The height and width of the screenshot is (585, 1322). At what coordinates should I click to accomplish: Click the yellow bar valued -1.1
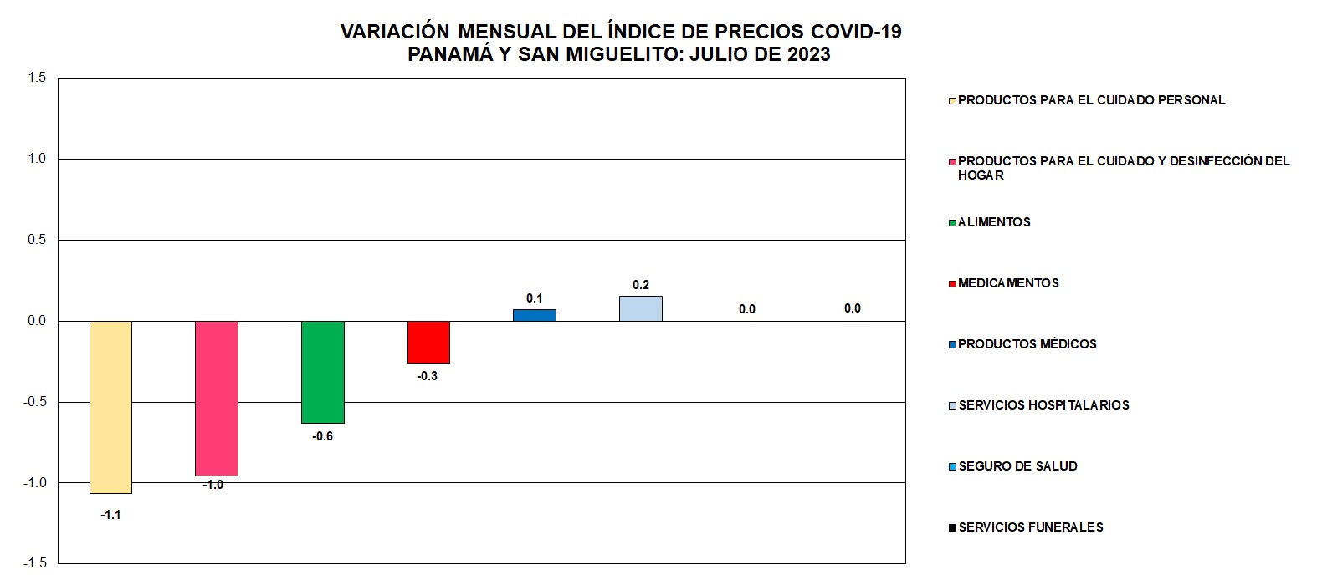(x=110, y=407)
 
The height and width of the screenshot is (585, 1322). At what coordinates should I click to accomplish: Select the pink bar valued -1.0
(x=217, y=398)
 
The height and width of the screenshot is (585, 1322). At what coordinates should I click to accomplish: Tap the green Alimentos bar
(x=323, y=372)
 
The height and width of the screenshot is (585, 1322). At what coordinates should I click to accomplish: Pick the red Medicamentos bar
(x=428, y=342)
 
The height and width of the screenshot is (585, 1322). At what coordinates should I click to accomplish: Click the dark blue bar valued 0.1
(x=535, y=315)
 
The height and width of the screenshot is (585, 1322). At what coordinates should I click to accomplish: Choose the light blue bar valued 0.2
(x=641, y=308)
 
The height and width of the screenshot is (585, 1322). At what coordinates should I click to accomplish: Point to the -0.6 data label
(x=323, y=436)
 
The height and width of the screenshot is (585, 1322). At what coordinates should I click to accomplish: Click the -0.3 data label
(x=428, y=376)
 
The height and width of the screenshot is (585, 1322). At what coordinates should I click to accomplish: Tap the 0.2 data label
(x=641, y=285)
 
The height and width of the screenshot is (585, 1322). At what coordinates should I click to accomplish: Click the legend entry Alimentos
(x=994, y=222)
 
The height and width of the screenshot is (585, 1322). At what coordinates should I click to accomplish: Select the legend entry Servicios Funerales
(x=1031, y=527)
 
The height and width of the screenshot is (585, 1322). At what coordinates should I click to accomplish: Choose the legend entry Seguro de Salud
(x=1017, y=466)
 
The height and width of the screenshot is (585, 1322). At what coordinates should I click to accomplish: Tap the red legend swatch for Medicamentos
(x=952, y=284)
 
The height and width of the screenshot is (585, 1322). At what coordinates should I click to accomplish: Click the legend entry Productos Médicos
(x=1027, y=344)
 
